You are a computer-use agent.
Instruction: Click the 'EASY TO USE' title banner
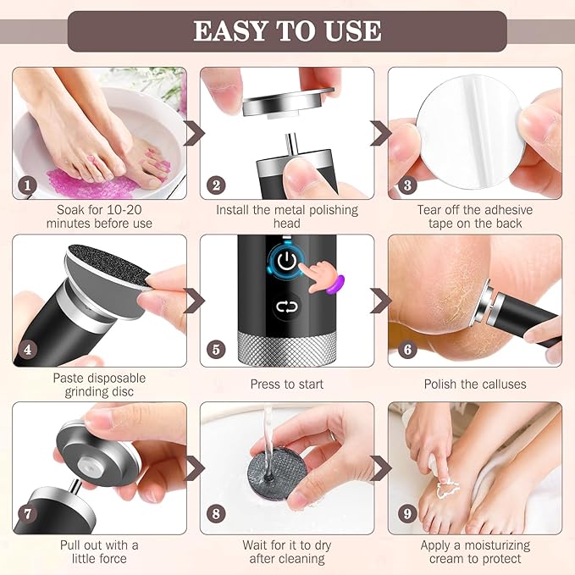click(x=287, y=31)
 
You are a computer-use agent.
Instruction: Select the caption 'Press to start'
click(x=287, y=384)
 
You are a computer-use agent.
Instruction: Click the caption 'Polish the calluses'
click(x=475, y=384)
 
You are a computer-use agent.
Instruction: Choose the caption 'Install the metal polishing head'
click(x=287, y=216)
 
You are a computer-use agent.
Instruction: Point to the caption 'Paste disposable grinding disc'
click(x=99, y=384)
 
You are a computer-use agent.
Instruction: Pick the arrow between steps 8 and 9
click(x=381, y=467)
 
